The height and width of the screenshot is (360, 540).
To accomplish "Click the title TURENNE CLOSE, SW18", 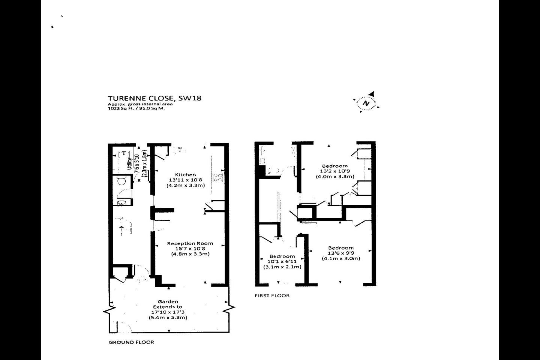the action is pyautogui.click(x=154, y=98).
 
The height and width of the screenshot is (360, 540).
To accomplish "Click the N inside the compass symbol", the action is pyautogui.click(x=366, y=103).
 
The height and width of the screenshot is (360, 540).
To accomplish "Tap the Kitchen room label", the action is pyautogui.click(x=185, y=175).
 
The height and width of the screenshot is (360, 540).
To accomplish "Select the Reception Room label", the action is pyautogui.click(x=190, y=243).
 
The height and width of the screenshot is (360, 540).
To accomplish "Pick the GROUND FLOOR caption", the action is pyautogui.click(x=131, y=342).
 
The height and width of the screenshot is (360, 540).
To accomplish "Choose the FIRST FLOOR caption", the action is pyautogui.click(x=272, y=295).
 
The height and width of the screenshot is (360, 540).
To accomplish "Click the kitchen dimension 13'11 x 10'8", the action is pyautogui.click(x=185, y=180).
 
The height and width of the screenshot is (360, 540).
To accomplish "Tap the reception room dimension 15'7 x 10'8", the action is pyautogui.click(x=190, y=249).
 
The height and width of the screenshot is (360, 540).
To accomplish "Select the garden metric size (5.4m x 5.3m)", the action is pyautogui.click(x=168, y=318).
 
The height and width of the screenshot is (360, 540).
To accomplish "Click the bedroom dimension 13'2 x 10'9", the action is pyautogui.click(x=335, y=171).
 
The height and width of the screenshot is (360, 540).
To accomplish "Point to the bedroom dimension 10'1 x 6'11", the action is pyautogui.click(x=282, y=261).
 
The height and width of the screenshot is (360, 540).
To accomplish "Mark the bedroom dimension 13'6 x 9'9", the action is pyautogui.click(x=341, y=253).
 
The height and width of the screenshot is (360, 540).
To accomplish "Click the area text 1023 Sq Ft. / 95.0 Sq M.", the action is pyautogui.click(x=136, y=108).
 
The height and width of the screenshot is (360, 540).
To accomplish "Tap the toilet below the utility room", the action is pyautogui.click(x=121, y=181).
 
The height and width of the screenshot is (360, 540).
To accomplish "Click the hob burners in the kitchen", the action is pyautogui.click(x=217, y=178).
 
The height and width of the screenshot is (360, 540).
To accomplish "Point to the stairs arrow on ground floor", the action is pyautogui.click(x=121, y=231).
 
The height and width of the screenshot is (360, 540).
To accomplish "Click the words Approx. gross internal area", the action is pyautogui.click(x=140, y=104).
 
